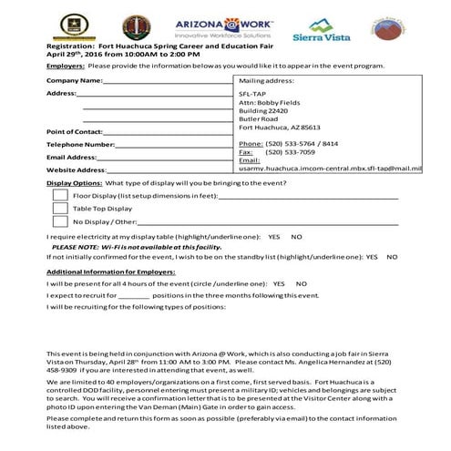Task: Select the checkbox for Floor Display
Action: coord(60,195)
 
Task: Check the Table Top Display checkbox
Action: coord(60,208)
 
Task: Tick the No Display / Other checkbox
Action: coord(60,220)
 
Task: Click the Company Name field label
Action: coord(74,80)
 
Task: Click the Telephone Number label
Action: coord(80,144)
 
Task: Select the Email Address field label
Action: coord(71,157)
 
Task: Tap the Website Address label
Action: coord(77,169)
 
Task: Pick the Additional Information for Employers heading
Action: coord(110,272)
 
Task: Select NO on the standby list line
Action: coord(392,257)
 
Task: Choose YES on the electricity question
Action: coord(274,235)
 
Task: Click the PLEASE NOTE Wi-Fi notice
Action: coord(137,246)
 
